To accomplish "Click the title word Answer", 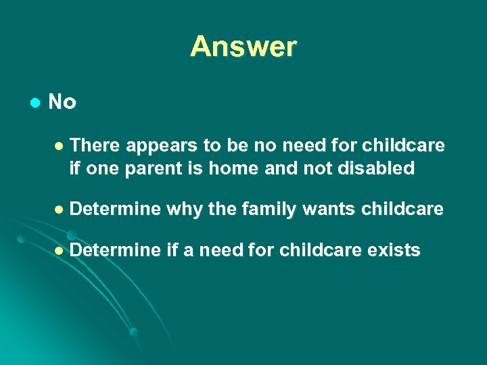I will [x=243, y=47].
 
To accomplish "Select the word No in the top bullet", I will [x=62, y=102].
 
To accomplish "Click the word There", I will [x=95, y=146].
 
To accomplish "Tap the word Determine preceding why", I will [x=115, y=210].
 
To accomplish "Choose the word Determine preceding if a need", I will [x=115, y=251].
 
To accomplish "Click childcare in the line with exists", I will [x=323, y=251].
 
